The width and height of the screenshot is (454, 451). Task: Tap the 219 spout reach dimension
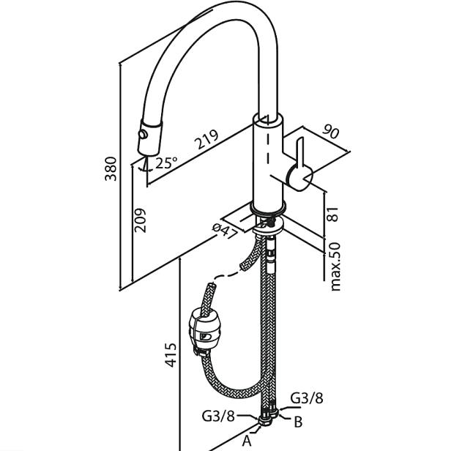tap(207, 138)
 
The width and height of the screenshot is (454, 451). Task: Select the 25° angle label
tap(166, 163)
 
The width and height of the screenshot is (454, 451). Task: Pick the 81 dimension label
tap(333, 215)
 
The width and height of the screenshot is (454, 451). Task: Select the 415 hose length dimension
tap(169, 357)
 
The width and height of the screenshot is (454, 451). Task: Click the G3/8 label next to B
tap(306, 398)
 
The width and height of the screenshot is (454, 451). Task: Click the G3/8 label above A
tap(218, 416)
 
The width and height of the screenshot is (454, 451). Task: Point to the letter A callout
tap(247, 441)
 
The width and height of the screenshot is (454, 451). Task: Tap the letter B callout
tap(298, 422)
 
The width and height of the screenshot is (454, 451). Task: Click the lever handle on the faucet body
tap(299, 165)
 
